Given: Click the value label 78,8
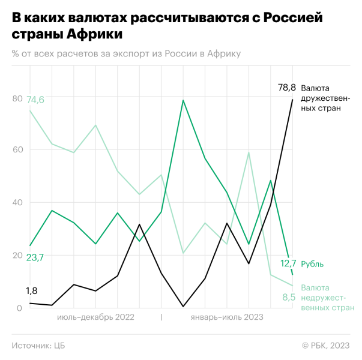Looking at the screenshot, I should pos(286,88).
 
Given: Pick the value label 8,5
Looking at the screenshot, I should pos(289,296).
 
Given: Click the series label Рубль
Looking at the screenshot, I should pos(313,263).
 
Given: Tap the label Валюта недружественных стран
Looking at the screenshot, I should pos(327,298).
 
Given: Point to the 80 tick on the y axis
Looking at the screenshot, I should pos(17,98).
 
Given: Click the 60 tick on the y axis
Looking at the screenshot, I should pos(17,150).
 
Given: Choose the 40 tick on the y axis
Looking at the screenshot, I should pos(17,203).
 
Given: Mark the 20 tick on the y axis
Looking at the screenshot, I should pos(17,255).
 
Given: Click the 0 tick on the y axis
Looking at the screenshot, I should pos(19,308).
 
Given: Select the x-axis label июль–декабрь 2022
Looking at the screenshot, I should pos(96,317).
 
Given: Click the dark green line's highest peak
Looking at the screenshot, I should pos(183,100).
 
